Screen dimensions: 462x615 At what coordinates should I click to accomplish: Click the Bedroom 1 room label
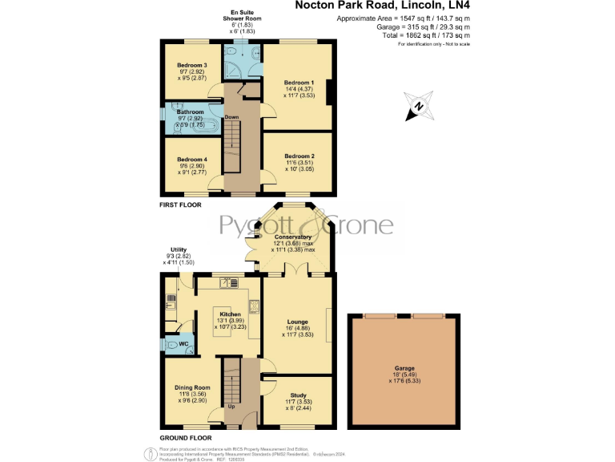(x=301, y=82)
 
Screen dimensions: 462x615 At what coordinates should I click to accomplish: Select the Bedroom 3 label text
(x=192, y=65)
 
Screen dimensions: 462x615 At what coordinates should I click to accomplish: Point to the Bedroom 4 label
(x=192, y=159)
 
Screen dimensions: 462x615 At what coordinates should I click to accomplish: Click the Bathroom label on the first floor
(x=191, y=112)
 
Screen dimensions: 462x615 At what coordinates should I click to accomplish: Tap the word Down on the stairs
(x=231, y=117)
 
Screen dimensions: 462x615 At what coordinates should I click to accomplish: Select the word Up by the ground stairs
(x=231, y=406)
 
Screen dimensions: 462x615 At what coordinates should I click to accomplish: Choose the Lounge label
(x=298, y=322)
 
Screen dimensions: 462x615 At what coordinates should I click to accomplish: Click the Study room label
(x=298, y=395)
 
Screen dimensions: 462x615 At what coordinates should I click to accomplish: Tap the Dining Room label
(x=192, y=387)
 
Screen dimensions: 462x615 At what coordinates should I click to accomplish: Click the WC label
(x=183, y=344)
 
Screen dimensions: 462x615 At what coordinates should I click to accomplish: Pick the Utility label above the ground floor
(x=178, y=249)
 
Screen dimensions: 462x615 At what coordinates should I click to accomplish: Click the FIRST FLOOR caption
(x=180, y=206)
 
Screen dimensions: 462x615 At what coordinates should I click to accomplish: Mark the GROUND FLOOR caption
(x=185, y=438)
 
